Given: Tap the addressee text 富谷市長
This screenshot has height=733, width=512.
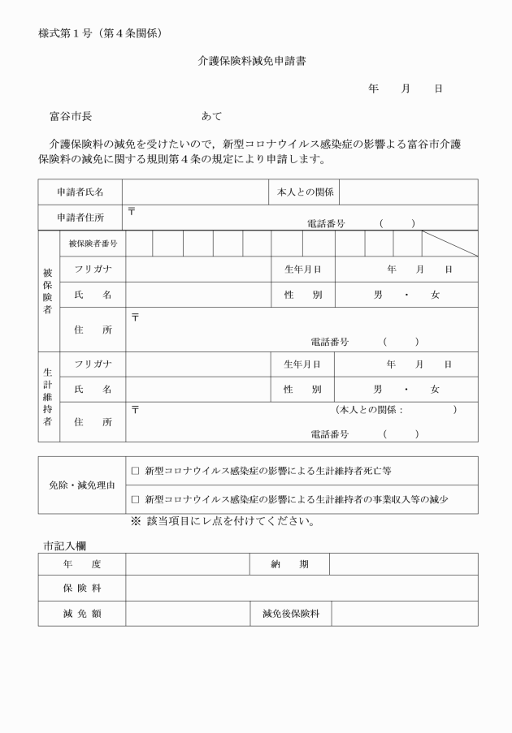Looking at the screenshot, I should tap(71, 117).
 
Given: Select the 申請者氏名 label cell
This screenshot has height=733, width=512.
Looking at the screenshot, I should tap(80, 192).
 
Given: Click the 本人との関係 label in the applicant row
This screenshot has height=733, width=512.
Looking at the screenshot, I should tap(302, 192).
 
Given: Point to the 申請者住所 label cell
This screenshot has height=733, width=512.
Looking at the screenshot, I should tap(80, 218).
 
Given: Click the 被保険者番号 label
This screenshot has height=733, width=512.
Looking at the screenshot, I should tap(93, 244).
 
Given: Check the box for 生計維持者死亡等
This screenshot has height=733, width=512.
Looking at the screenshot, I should tap(136, 471).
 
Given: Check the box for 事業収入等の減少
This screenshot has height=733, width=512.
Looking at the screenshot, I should tap(136, 499).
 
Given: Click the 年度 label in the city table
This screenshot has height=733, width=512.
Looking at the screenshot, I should tap(81, 564).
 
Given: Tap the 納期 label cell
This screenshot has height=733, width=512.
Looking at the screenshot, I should tap(289, 564).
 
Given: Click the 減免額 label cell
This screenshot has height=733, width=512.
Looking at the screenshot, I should tap(81, 614).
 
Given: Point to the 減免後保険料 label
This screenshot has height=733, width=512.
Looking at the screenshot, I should tap(290, 614).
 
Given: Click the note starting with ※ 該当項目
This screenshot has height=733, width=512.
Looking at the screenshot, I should tap(223, 522).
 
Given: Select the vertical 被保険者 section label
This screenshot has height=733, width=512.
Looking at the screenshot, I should tap(48, 291).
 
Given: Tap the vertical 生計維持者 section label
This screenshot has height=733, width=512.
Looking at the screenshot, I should tap(48, 397).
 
